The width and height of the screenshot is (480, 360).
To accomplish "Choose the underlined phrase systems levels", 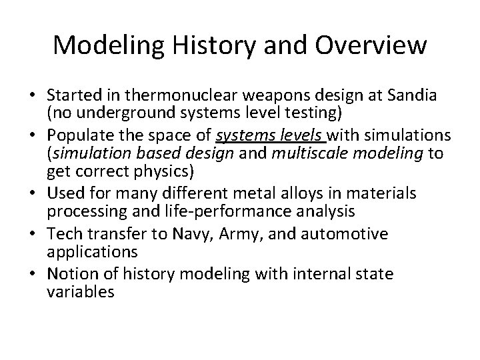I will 259,137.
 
